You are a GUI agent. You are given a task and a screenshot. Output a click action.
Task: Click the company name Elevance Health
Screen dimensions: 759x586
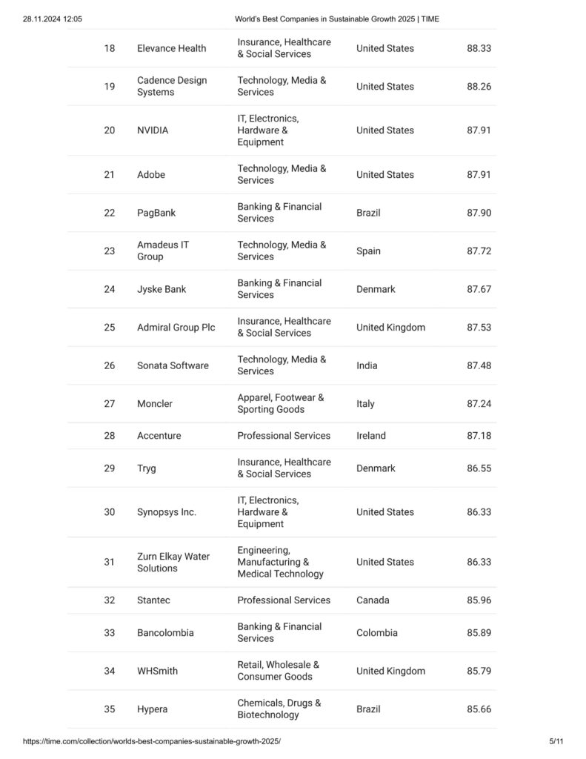point(171,48)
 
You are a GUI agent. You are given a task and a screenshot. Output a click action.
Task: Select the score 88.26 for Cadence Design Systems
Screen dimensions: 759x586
point(479,87)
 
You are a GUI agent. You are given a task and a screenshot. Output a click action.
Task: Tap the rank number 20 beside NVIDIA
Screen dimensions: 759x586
point(110,130)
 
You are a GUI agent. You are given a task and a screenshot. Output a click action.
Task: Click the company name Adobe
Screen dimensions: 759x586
point(151,175)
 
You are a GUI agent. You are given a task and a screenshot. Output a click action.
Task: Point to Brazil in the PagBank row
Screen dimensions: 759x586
point(368,213)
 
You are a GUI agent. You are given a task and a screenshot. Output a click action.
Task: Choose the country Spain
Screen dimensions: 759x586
point(368,251)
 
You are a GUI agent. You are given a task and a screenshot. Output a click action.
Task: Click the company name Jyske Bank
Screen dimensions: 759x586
point(162,289)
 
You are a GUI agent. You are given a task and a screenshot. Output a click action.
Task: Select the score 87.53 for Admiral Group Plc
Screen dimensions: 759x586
point(479,328)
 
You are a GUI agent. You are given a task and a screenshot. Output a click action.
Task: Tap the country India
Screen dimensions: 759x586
point(367,365)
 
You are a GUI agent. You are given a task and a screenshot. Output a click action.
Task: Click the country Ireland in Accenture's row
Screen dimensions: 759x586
point(370,436)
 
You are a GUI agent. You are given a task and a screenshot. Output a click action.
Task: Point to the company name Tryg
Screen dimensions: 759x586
point(147,468)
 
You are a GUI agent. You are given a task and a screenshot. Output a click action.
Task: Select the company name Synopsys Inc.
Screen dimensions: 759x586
point(167,512)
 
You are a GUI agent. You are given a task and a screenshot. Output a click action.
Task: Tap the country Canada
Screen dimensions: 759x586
point(373,600)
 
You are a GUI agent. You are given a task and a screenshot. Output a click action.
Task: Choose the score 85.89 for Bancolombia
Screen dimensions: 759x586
point(479,633)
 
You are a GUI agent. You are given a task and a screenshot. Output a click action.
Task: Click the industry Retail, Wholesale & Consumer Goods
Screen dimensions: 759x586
point(278,671)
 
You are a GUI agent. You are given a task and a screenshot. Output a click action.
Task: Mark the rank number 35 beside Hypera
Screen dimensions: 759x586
point(110,709)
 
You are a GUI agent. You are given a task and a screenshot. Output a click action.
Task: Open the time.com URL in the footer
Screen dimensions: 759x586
point(152,741)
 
